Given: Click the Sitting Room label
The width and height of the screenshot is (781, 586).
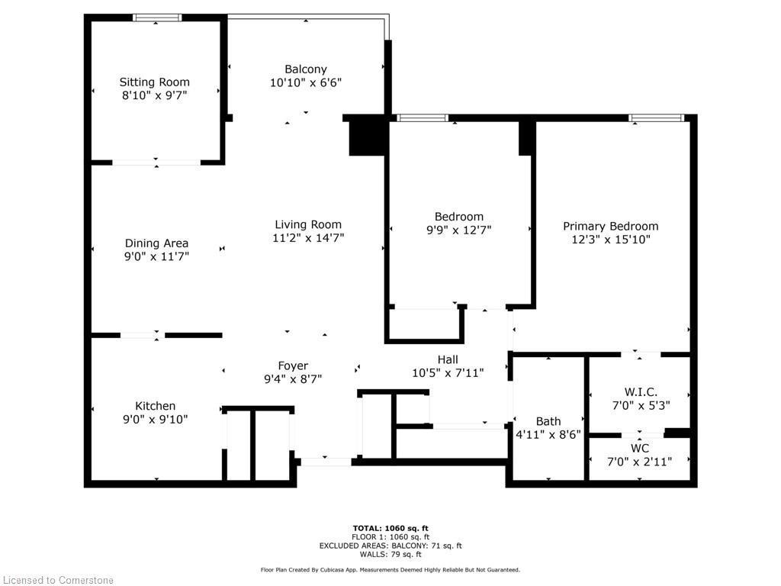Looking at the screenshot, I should (154, 82).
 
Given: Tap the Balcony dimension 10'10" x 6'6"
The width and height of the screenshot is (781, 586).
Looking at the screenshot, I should (306, 82).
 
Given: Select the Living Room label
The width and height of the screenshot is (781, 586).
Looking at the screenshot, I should (308, 224).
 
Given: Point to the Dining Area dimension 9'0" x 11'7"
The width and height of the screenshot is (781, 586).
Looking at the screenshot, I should (156, 256).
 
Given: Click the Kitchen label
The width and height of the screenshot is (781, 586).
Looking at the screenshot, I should (156, 406).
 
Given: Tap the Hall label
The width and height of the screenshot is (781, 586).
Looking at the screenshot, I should (448, 359).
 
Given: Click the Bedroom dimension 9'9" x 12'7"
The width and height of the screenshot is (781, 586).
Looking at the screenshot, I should (459, 230).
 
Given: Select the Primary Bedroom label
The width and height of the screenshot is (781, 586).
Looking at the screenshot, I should (610, 226).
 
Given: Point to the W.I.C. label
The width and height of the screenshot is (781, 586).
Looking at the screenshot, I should (641, 392).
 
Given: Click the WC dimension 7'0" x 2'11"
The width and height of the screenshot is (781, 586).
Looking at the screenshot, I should (640, 461).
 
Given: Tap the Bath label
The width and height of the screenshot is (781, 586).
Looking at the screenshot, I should (548, 421).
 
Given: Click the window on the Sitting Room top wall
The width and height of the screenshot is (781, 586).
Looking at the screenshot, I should (157, 18).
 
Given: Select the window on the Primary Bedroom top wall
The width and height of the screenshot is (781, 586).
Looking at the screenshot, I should (656, 118).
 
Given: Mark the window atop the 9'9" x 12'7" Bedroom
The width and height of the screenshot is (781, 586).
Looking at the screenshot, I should (423, 118).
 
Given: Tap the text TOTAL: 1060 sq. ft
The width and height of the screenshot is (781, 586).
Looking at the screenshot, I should (390, 528).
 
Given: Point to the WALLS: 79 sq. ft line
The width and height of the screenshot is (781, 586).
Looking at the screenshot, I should (390, 555).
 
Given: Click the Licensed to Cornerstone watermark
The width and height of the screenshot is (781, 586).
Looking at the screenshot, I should (59, 580).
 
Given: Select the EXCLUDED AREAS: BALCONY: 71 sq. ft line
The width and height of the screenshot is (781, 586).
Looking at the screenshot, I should (390, 546).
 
